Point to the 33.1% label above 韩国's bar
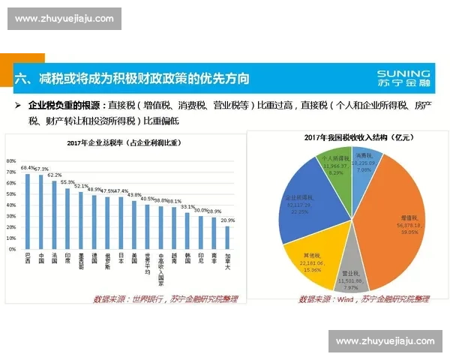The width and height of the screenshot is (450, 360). (x=187, y=206)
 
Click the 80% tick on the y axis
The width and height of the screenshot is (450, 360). (x=10, y=160)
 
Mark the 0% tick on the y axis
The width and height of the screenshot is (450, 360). (x=12, y=249)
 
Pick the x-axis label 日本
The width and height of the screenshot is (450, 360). (x=121, y=259)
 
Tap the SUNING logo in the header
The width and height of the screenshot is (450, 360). (x=404, y=78)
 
